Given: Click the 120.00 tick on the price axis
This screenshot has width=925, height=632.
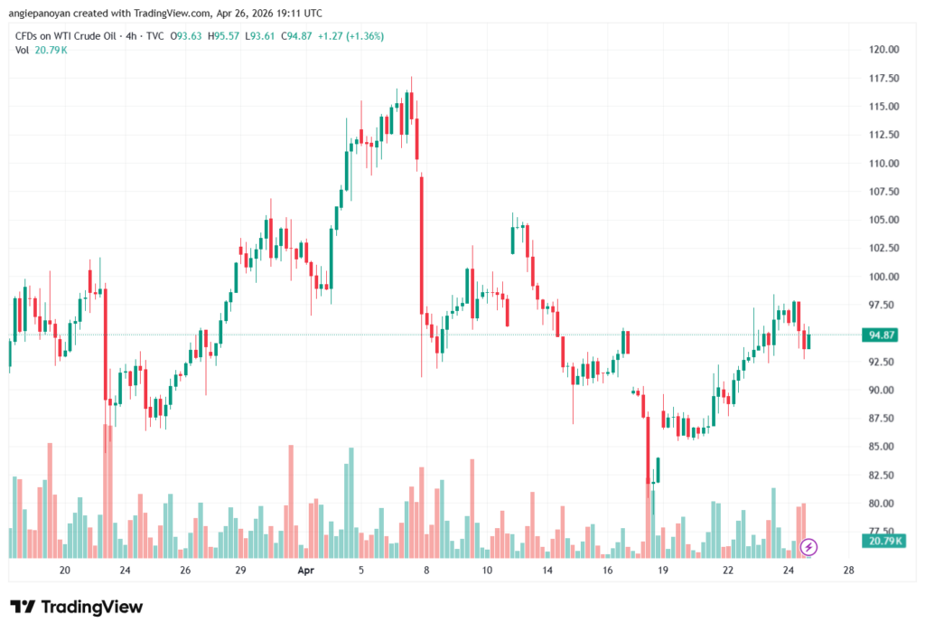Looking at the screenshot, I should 883,50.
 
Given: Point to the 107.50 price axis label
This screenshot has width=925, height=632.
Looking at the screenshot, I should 883,192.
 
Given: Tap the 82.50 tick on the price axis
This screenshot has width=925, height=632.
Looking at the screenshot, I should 883,475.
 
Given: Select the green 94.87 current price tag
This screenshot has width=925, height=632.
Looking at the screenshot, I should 882,335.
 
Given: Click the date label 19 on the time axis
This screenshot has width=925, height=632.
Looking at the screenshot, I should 662,571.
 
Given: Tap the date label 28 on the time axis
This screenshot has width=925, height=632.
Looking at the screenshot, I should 848,571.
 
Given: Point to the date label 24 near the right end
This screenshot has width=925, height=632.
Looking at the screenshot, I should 788,571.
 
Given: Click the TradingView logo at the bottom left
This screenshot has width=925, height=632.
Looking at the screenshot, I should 76,607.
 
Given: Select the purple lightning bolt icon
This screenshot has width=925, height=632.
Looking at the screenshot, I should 809,546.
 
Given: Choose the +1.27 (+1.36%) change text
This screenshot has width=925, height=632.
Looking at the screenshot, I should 352,36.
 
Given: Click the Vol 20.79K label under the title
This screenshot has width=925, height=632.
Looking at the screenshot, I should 41,50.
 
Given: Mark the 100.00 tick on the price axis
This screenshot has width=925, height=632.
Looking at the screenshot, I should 883,277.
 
